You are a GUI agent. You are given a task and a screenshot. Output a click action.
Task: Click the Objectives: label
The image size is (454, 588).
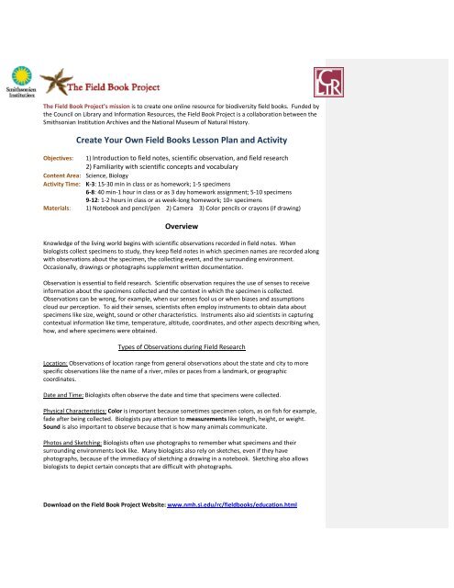coord(19,157)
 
